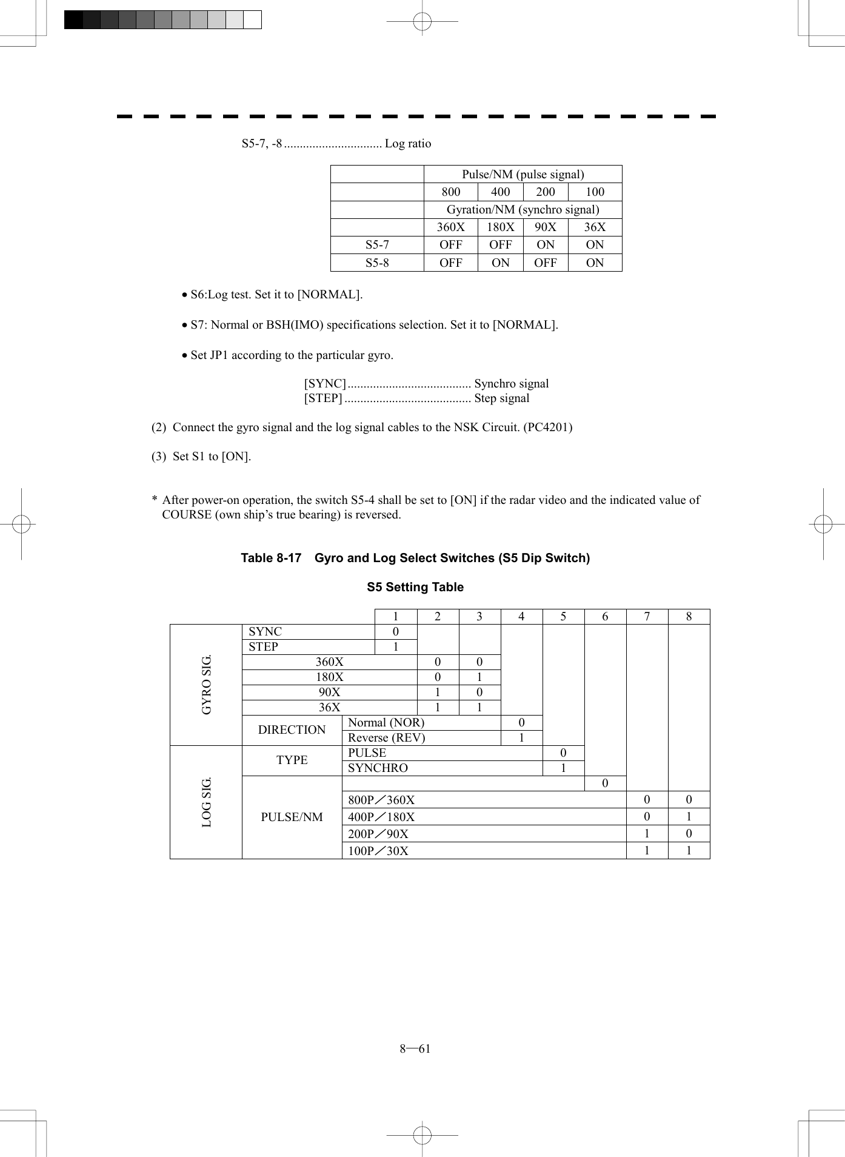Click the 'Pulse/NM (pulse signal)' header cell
pyautogui.click(x=523, y=175)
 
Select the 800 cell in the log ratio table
pyautogui.click(x=450, y=192)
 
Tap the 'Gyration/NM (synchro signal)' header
pyautogui.click(x=523, y=210)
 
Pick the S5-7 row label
pyautogui.click(x=377, y=245)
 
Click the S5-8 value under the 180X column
pyautogui.click(x=500, y=263)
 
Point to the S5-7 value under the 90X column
pyautogui.click(x=545, y=245)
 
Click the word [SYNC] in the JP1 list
pyautogui.click(x=325, y=384)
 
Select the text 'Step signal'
pyautogui.click(x=501, y=398)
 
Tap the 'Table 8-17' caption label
pyautogui.click(x=271, y=558)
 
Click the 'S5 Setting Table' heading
pyautogui.click(x=415, y=587)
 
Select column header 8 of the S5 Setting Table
pyautogui.click(x=689, y=617)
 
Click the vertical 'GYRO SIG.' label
pyautogui.click(x=207, y=685)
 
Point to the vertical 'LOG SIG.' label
pyautogui.click(x=207, y=802)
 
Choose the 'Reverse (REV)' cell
pyautogui.click(x=387, y=738)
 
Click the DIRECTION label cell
pyautogui.click(x=292, y=730)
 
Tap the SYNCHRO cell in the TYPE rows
pyautogui.click(x=378, y=768)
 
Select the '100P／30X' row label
pyautogui.click(x=378, y=851)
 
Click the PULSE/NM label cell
pyautogui.click(x=292, y=817)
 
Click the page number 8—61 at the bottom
pyautogui.click(x=415, y=1049)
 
